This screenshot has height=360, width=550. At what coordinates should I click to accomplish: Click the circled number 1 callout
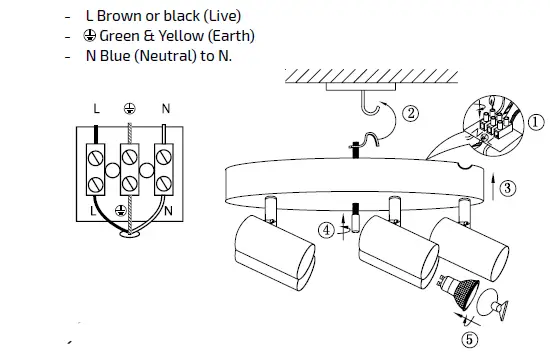535,122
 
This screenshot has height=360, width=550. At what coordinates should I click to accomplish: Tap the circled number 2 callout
410,113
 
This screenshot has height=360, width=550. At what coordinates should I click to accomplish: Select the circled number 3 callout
507,188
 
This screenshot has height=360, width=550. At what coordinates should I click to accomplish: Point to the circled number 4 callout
326,231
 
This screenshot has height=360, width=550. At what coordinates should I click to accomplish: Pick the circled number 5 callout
469,340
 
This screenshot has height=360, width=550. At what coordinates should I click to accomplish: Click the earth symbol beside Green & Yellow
90,35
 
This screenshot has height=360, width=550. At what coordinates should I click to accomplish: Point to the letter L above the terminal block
96,109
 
